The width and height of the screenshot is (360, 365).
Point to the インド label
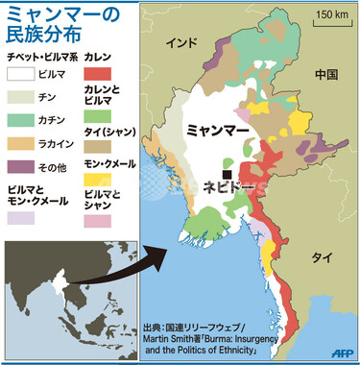(180, 44)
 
